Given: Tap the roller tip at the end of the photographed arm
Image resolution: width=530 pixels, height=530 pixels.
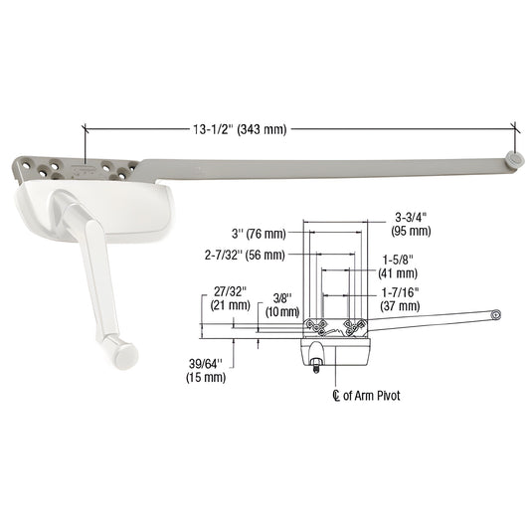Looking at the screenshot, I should [x=513, y=158].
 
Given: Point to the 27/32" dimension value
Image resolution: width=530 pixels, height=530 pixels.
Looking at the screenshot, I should [x=228, y=291].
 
